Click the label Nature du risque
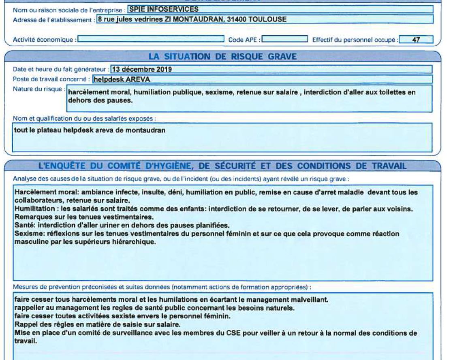[x=38, y=87]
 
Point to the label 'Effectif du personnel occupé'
[x=354, y=40]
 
